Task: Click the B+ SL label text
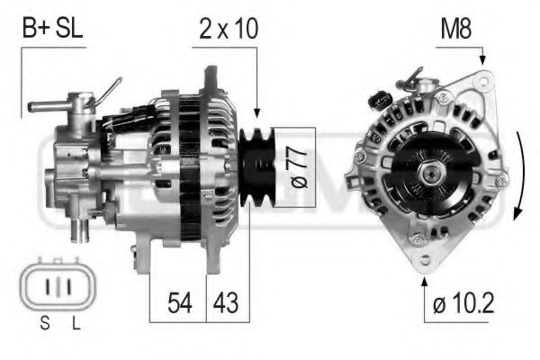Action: coord(52,29)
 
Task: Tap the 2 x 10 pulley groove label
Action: coord(228,29)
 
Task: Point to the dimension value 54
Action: coord(178,303)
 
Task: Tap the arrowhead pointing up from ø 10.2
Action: coord(424,281)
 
